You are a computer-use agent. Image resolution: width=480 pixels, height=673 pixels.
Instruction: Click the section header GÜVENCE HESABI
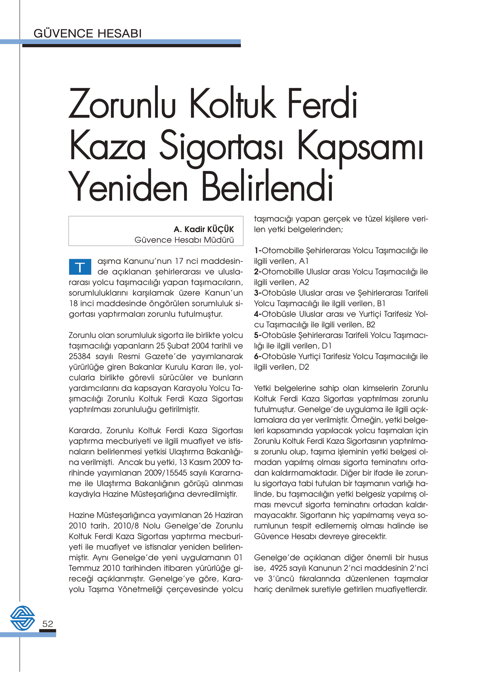pyautogui.click(x=88, y=33)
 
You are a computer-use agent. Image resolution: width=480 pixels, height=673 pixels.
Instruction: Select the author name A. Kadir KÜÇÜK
pyautogui.click(x=204, y=229)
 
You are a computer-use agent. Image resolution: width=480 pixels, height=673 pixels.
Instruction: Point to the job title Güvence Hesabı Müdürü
pyautogui.click(x=184, y=240)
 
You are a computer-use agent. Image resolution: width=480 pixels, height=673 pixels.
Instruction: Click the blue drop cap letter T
pyautogui.click(x=80, y=267)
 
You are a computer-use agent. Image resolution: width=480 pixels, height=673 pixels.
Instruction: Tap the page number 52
pyautogui.click(x=48, y=624)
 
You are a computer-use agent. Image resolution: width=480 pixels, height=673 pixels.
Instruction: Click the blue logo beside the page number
pyautogui.click(x=23, y=618)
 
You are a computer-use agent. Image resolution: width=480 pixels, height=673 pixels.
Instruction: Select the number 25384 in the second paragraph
pyautogui.click(x=80, y=356)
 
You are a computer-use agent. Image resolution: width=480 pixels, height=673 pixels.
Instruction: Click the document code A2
pyautogui.click(x=304, y=282)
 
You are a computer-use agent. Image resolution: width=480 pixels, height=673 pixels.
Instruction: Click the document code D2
pyautogui.click(x=304, y=367)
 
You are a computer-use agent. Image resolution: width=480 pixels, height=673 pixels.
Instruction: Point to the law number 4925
pyautogui.click(x=279, y=568)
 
